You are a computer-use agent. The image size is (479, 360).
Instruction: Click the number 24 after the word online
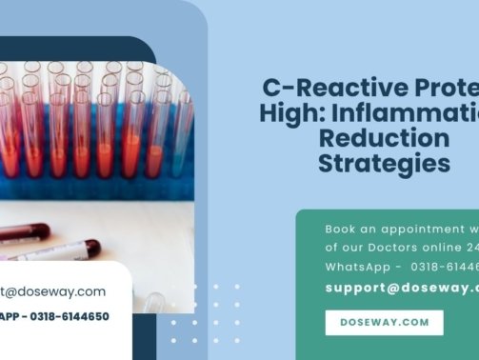tap(471, 247)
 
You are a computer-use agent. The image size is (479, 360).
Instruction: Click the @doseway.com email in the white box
tap(57, 291)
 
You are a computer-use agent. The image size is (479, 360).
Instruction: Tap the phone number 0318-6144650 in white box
tap(70, 316)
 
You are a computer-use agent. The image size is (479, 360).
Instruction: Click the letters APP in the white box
tap(10, 316)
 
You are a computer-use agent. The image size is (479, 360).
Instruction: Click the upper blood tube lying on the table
tap(38, 231)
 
